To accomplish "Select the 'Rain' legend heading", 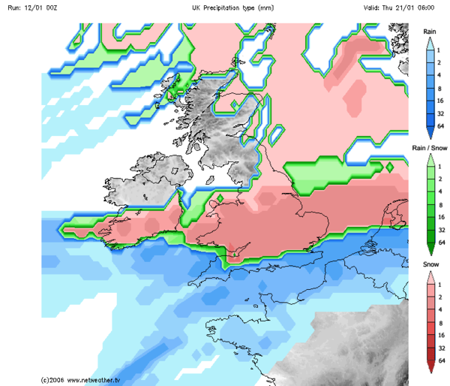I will coord(430,32).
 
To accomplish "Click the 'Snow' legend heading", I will coord(430,265).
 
